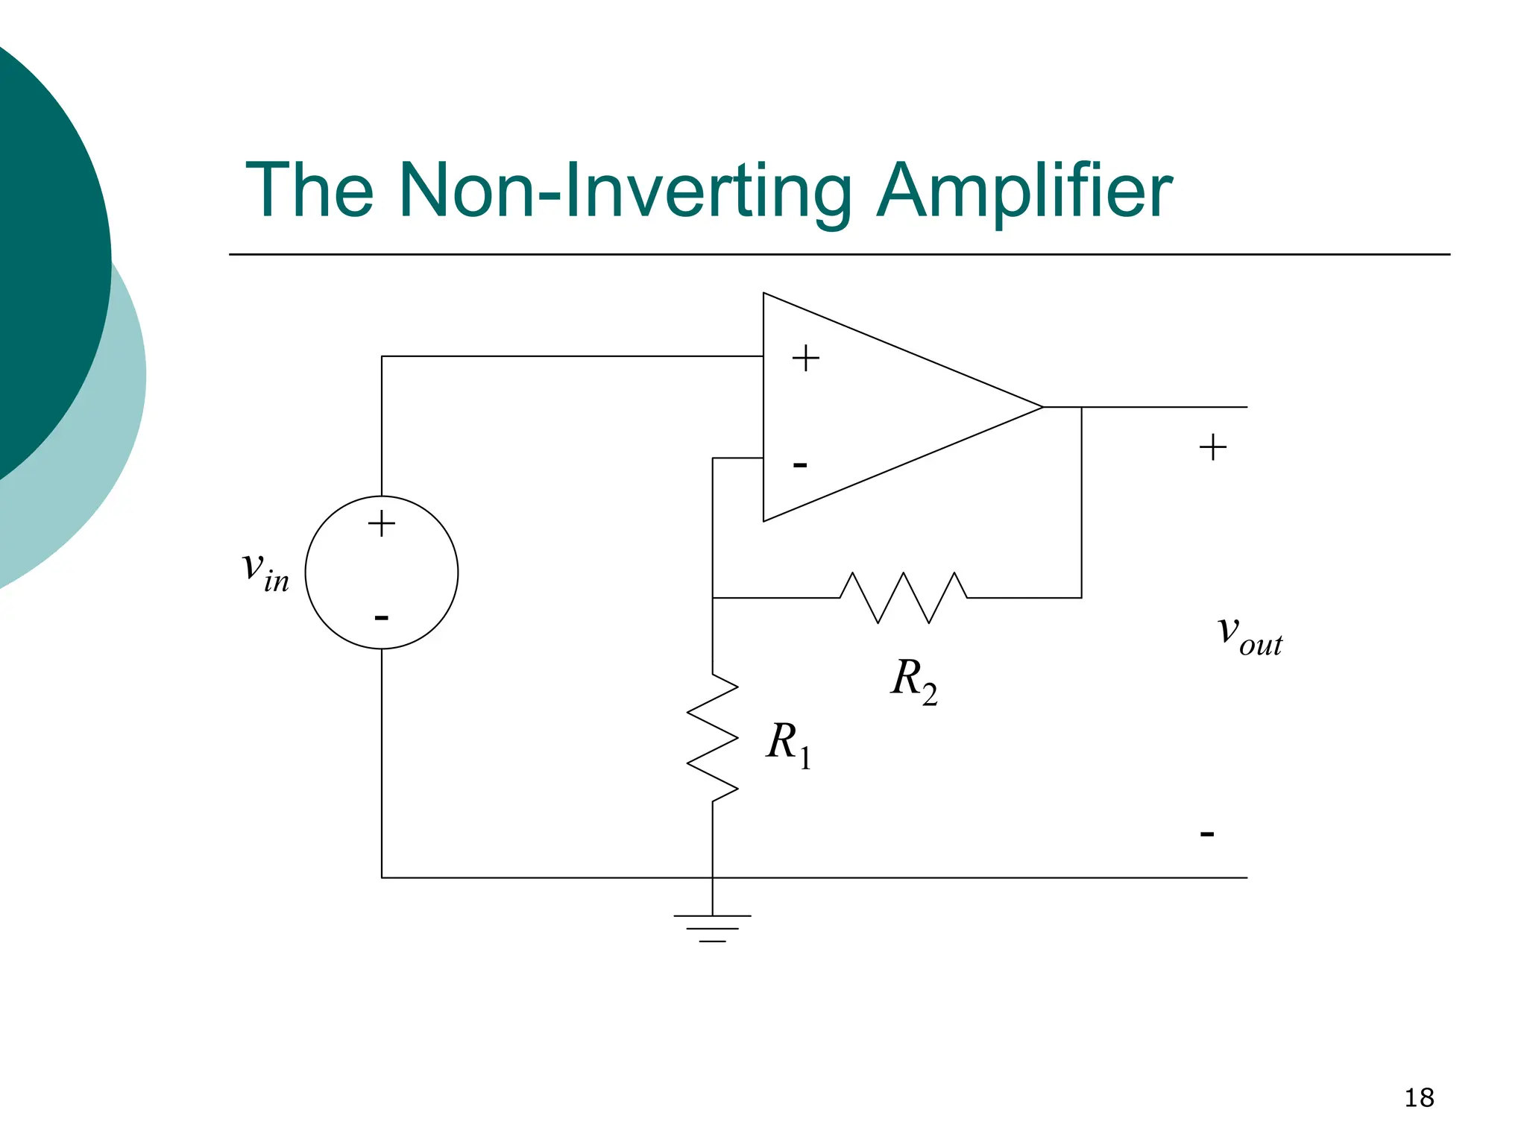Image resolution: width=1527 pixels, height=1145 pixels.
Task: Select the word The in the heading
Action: coord(309,192)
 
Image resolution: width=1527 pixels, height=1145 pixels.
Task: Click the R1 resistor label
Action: coord(788,743)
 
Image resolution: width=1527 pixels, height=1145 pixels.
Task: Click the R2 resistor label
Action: coord(913,680)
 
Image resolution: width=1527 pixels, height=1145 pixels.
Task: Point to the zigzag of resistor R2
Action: coord(903,597)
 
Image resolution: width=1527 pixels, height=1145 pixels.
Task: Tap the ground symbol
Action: coord(713,928)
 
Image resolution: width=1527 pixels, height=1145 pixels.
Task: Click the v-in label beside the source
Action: coord(265,572)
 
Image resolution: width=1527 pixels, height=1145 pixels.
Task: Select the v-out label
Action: coord(1250,635)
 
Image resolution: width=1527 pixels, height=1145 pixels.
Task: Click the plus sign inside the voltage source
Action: coord(382,523)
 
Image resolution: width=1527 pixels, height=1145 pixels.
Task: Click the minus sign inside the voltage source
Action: coord(382,618)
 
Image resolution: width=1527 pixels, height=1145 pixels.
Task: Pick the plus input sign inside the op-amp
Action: coord(805,359)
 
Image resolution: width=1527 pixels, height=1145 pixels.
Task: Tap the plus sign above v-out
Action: coord(1212,447)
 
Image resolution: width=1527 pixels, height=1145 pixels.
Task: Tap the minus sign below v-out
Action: coord(1207,833)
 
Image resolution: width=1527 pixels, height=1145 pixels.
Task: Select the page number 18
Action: coord(1419,1098)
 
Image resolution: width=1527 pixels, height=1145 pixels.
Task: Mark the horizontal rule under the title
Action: coord(839,254)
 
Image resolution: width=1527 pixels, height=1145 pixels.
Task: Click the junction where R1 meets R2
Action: coord(713,598)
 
